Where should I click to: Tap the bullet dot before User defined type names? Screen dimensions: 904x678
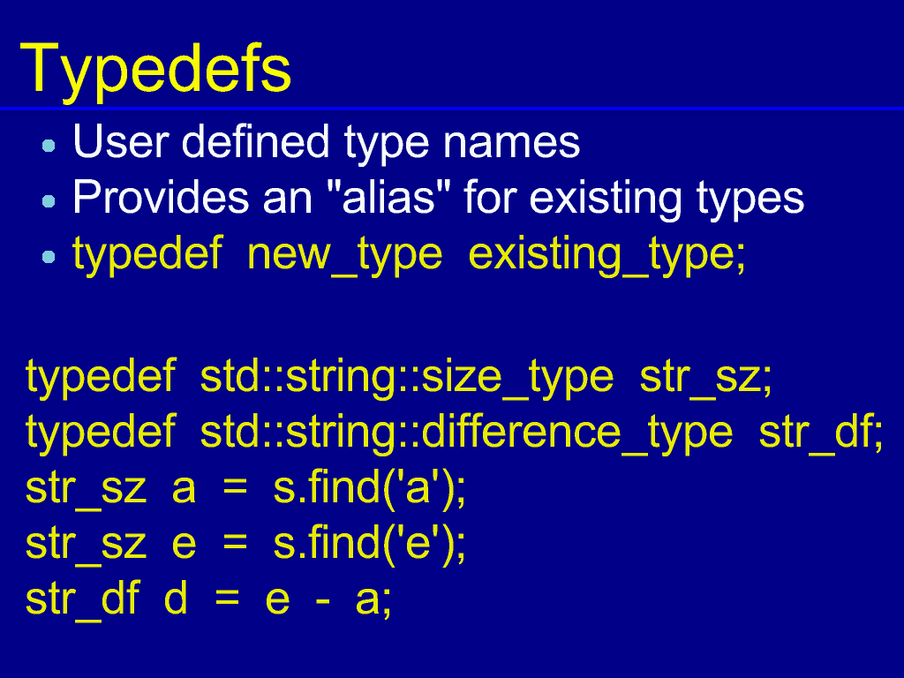(x=49, y=146)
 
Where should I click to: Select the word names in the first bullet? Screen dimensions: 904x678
(x=511, y=143)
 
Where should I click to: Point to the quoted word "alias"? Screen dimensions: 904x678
(x=388, y=197)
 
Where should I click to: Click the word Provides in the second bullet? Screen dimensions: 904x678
(x=161, y=197)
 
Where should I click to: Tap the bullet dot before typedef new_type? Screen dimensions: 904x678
(x=49, y=256)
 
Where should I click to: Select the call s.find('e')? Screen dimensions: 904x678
(x=369, y=544)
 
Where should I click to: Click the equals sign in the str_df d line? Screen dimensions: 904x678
(x=227, y=599)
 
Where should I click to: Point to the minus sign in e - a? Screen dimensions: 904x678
(x=323, y=601)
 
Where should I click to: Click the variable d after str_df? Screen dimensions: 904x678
(x=176, y=598)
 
